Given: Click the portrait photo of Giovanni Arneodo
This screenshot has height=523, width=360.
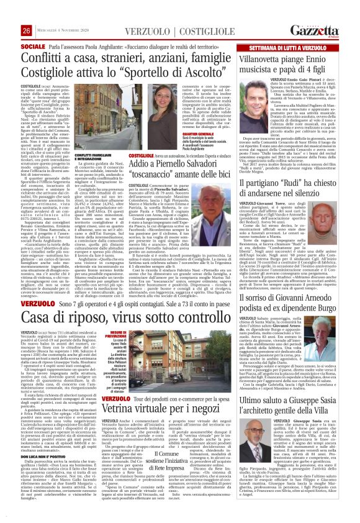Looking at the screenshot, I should click(x=250, y=335).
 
